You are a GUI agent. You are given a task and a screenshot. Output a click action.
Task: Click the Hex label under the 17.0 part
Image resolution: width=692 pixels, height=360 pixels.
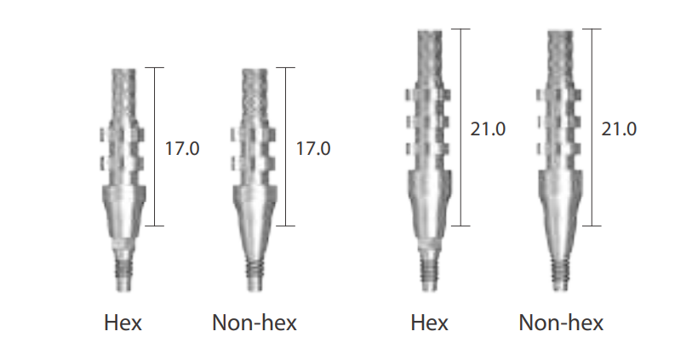click(123, 323)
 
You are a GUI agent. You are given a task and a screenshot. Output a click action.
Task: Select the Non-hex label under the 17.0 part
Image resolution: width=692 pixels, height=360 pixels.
click(254, 323)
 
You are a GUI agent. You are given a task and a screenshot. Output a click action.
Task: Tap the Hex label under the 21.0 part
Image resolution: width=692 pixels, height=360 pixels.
click(429, 323)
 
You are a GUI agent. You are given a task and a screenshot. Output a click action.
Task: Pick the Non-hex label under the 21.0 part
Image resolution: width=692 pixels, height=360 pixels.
click(561, 323)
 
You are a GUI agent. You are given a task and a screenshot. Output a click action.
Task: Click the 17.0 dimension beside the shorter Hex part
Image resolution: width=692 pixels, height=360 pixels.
click(182, 148)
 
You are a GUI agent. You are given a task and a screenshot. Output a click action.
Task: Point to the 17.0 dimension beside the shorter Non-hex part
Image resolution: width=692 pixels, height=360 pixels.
click(313, 148)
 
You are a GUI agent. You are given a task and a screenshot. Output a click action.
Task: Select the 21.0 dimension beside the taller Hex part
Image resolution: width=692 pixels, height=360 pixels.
click(488, 129)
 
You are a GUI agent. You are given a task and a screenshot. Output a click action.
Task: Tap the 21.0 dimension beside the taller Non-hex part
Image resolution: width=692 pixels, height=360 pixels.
click(619, 129)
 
